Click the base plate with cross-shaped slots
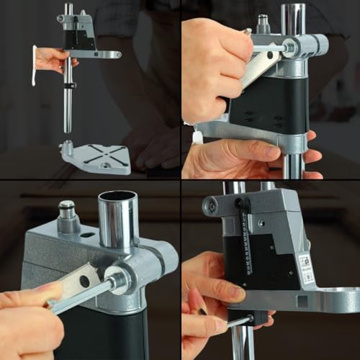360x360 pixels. tap(97, 156)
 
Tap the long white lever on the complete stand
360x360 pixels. tap(34, 65)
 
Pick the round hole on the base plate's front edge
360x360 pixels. tap(101, 166)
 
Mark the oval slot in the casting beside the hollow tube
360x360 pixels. tap(88, 234)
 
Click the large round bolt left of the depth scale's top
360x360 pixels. tap(212, 207)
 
